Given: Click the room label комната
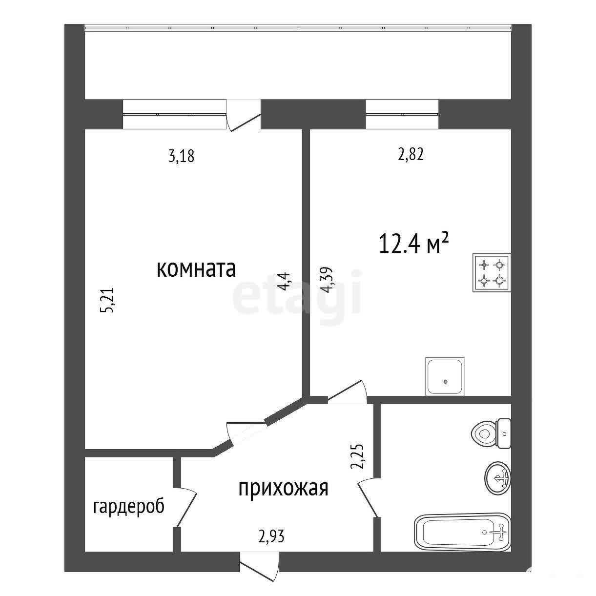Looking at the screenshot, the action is (196, 269).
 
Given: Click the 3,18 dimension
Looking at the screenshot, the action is (182, 156).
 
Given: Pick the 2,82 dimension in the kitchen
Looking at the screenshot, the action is (411, 154).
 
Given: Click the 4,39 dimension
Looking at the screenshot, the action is (327, 279).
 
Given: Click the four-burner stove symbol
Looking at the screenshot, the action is (492, 272).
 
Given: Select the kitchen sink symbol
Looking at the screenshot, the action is (445, 376).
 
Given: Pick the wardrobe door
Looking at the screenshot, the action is (185, 507).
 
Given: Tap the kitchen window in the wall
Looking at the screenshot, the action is (402, 114).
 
